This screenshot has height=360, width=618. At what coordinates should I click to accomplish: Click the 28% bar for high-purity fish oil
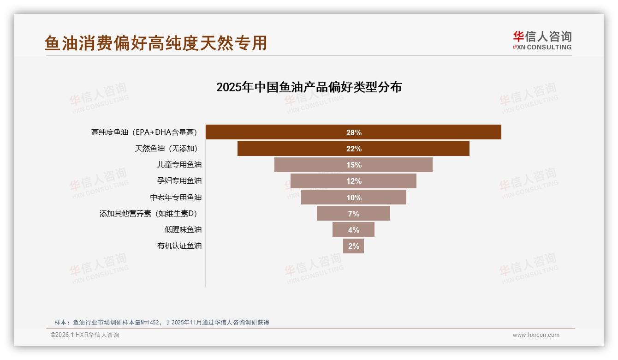pos(353,132)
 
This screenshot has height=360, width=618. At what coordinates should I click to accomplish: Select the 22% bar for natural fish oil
pos(353,149)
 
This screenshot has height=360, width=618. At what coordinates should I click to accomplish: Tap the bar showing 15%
pos(353,165)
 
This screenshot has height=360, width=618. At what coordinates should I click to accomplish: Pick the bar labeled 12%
pos(353,181)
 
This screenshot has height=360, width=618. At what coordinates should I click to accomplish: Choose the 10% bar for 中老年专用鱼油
pos(353,197)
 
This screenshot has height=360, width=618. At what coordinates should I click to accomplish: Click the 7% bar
pos(353,213)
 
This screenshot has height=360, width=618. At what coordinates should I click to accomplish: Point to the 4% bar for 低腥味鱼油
pos(353,229)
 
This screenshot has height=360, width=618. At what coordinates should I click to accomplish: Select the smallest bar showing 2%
pos(353,246)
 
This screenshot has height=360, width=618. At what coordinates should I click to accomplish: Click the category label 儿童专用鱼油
pos(179,165)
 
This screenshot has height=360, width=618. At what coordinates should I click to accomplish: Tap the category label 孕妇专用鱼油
pos(179,181)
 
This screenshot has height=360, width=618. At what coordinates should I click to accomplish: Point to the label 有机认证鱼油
pos(179,246)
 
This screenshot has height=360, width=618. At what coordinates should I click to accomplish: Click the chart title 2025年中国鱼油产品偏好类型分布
pos(309,87)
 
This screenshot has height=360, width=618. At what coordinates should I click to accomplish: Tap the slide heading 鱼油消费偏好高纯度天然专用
pos(156,43)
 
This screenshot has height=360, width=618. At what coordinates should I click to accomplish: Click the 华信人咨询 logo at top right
pos(542,40)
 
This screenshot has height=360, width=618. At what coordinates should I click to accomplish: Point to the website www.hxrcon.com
pos(536,335)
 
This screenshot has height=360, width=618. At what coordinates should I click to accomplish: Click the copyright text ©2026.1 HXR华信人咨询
pos(85,335)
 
